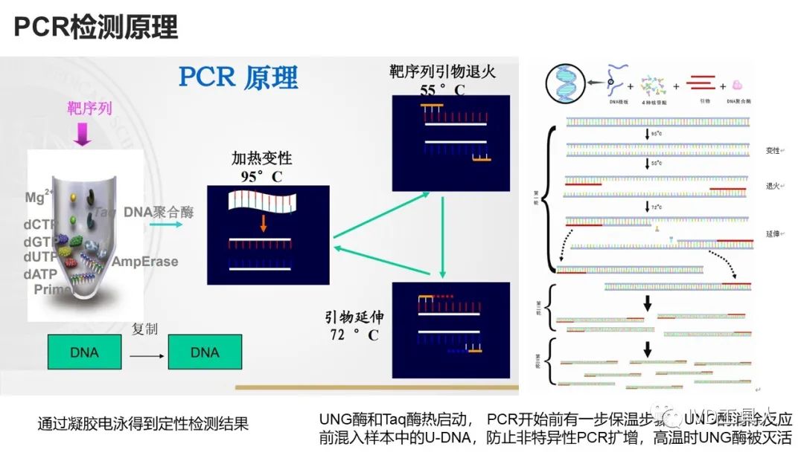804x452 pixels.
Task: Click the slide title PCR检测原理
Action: pyautogui.click(x=96, y=28)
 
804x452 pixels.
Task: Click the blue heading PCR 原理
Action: pyautogui.click(x=237, y=77)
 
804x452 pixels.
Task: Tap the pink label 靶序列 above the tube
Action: pyautogui.click(x=89, y=109)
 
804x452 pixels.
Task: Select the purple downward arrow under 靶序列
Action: pyautogui.click(x=83, y=135)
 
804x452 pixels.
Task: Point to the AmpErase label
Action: pyautogui.click(x=145, y=262)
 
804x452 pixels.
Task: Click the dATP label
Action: pyautogui.click(x=40, y=274)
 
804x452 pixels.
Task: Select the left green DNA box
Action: pyautogui.click(x=84, y=352)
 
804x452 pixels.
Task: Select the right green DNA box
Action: pyautogui.click(x=205, y=352)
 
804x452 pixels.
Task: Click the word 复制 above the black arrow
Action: pyautogui.click(x=144, y=329)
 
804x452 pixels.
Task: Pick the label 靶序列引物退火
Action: pyautogui.click(x=442, y=71)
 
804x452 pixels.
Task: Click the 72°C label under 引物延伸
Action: pyautogui.click(x=354, y=335)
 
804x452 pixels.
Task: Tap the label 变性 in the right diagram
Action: pyautogui.click(x=773, y=151)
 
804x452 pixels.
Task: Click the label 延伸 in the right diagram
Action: pyautogui.click(x=773, y=234)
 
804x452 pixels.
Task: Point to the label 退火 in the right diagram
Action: pyautogui.click(x=773, y=186)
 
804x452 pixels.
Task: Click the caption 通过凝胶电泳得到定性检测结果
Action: pyautogui.click(x=143, y=424)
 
